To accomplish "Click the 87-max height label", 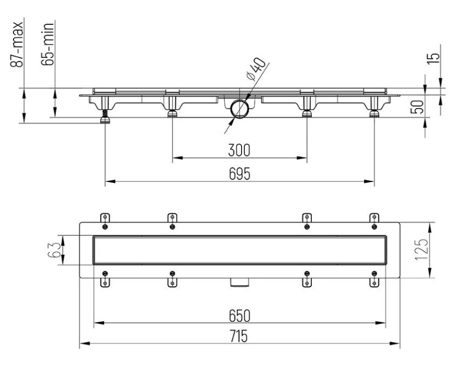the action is click(16, 44).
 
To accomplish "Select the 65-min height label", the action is click(47, 44).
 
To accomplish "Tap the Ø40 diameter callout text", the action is click(255, 69).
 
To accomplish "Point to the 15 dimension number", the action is click(434, 58).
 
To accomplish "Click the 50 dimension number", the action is click(417, 106).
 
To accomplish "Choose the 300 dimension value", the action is click(239, 150).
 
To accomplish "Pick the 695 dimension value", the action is click(239, 174).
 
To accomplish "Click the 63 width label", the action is click(53, 250).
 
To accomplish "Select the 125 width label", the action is click(422, 250).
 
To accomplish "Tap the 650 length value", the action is click(239, 315).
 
